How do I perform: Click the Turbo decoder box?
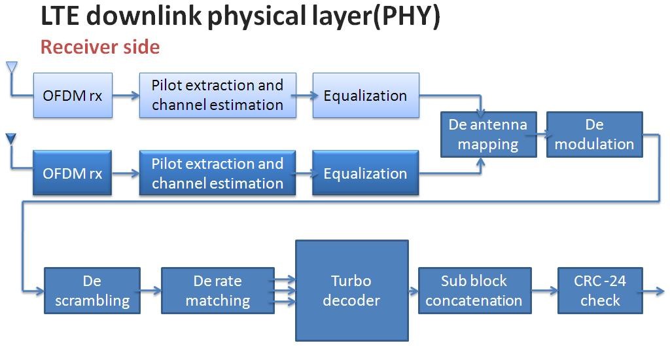pos(352,291)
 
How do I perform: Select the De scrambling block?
pos(92,291)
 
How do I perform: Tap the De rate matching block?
pos(218,291)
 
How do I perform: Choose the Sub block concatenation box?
pos(474,291)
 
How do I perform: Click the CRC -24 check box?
pos(600,291)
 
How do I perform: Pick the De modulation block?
pos(595,134)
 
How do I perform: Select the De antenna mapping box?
pos(487,134)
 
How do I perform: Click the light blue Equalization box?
pos(366,96)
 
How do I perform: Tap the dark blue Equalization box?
pos(366,173)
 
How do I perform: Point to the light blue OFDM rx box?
pos(73,96)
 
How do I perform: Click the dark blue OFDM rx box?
pos(73,173)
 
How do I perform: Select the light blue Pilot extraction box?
pos(218,96)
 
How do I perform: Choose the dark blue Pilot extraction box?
pos(218,173)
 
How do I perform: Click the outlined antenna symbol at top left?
pos(11,67)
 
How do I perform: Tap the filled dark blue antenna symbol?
pos(11,139)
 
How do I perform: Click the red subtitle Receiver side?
pos(100,48)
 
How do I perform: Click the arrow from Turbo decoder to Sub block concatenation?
pos(414,290)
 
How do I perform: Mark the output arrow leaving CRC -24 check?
pos(655,290)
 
